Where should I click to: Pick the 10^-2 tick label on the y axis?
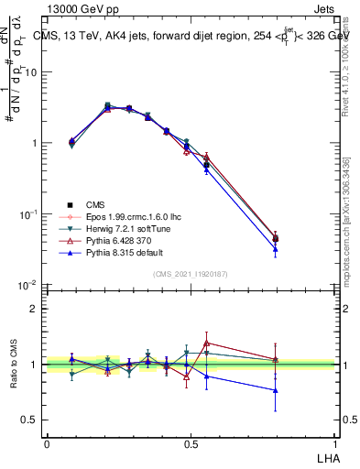(27, 286)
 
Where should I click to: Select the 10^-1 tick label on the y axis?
(27, 214)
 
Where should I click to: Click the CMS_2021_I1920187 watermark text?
(190, 275)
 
